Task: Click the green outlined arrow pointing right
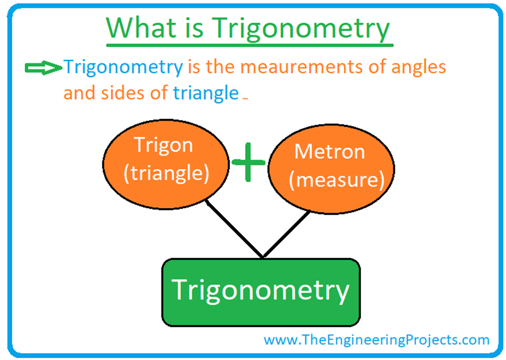tap(43, 68)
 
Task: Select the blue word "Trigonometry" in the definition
tap(123, 67)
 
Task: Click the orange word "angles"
tap(418, 68)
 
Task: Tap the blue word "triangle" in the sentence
tap(206, 93)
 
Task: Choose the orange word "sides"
tap(123, 93)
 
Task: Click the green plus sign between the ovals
tap(248, 162)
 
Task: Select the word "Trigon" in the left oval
tap(164, 146)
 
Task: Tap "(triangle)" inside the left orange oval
tap(166, 173)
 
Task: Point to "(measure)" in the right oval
tap(337, 180)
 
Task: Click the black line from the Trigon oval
tap(235, 229)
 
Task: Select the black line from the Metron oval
tap(287, 234)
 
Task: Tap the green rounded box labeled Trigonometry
tap(261, 292)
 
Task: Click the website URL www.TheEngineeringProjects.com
tap(376, 340)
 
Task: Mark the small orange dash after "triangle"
tap(245, 99)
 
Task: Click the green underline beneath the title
tap(250, 45)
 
